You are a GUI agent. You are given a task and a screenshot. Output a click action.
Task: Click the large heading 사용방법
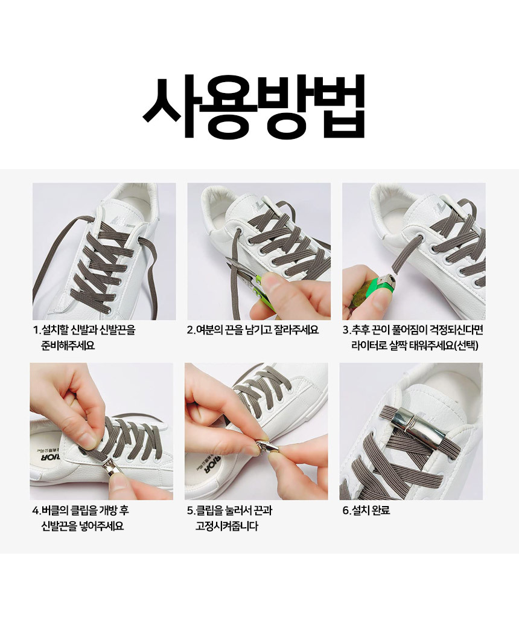(253, 107)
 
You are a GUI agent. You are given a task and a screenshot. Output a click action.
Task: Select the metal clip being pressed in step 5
(267, 446)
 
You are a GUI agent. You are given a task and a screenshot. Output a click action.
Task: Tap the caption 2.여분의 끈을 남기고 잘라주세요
(253, 330)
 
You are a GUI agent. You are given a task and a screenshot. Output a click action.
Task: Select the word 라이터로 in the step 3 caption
(368, 345)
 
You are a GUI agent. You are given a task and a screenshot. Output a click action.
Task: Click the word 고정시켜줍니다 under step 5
(227, 526)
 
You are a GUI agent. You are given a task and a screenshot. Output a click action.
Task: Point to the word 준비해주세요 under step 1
(68, 345)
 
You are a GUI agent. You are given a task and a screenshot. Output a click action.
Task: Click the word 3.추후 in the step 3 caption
(355, 330)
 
